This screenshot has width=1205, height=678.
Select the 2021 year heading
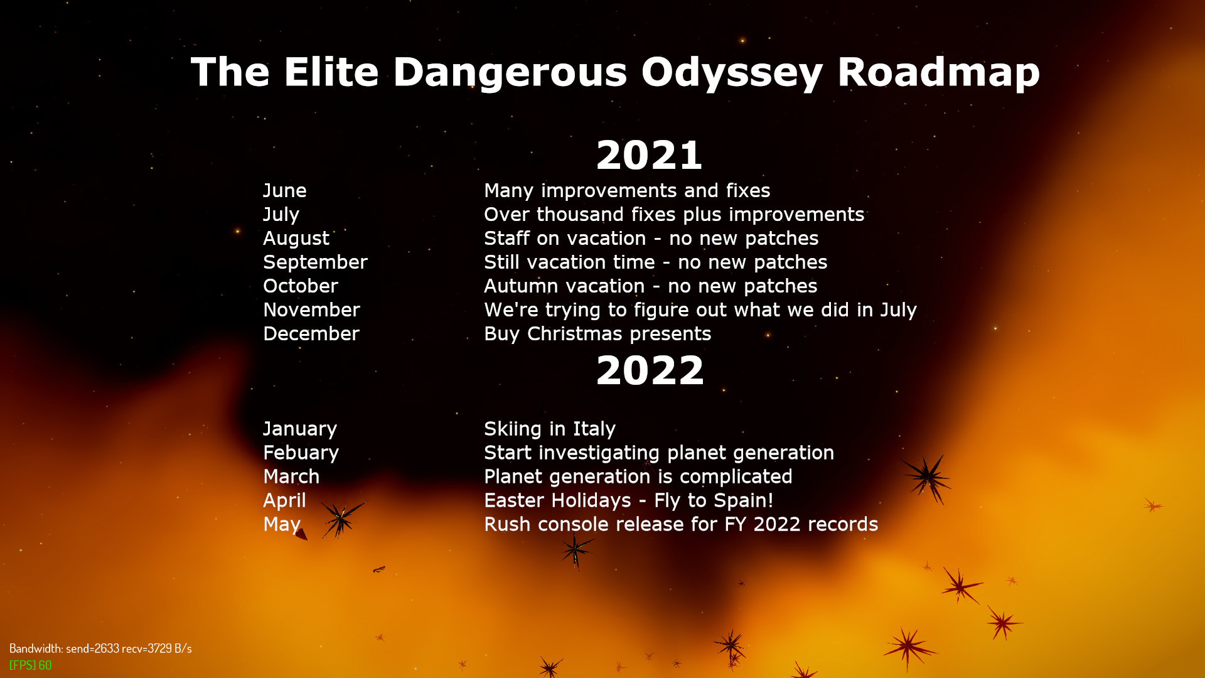(x=649, y=155)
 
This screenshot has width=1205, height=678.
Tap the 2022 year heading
(x=650, y=370)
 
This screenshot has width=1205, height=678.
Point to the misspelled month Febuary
(x=301, y=453)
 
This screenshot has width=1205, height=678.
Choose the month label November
(x=311, y=309)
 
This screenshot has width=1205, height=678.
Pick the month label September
(x=315, y=262)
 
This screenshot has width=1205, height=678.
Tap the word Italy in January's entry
(x=594, y=429)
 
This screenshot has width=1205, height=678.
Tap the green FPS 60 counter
(x=30, y=665)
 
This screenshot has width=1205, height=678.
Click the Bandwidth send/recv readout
(x=100, y=648)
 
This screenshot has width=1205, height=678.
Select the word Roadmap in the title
(x=938, y=72)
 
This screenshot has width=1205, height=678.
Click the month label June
(x=285, y=190)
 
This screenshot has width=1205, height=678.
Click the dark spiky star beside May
(x=340, y=519)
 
